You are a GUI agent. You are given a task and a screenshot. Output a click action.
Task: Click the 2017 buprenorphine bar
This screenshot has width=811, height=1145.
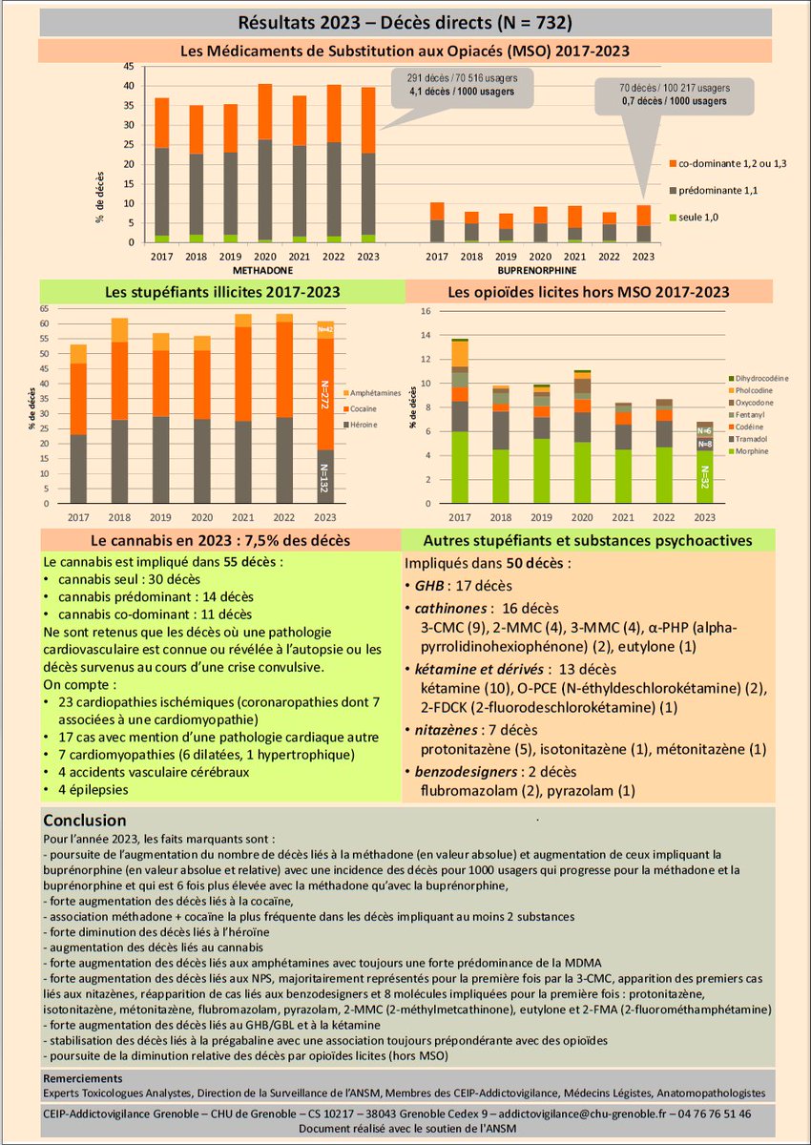pos(436,222)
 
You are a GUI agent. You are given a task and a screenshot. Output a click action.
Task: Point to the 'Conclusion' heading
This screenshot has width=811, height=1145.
pos(84,820)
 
